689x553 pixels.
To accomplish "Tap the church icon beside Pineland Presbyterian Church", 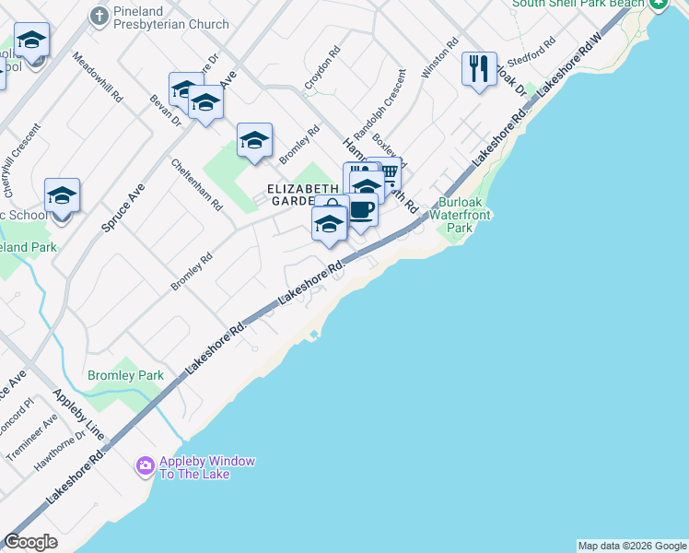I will coord(99,15).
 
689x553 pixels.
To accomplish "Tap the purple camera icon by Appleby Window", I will coord(145,466).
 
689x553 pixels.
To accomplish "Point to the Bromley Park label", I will coord(125,375).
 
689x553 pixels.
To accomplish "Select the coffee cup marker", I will coord(362,210).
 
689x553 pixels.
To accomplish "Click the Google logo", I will coord(31,542).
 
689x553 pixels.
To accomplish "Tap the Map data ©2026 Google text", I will coord(631,546).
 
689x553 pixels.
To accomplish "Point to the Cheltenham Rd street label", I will coord(196,184).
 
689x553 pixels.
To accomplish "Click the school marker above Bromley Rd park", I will coord(254,140).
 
